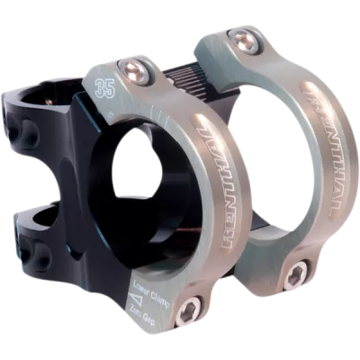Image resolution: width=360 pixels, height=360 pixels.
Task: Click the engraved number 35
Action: coord(104,86)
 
